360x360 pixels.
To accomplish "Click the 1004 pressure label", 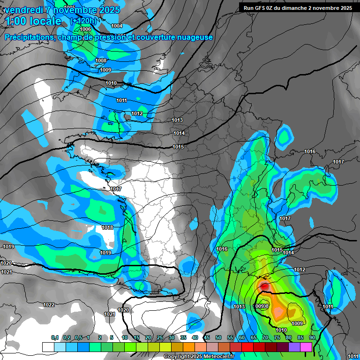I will pos(117,26).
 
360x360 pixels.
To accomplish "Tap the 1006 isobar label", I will pos(85,29).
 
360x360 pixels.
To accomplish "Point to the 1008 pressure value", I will pos(101,60).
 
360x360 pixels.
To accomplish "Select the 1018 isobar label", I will pos(107,227).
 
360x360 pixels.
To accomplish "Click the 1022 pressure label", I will pos(49,305).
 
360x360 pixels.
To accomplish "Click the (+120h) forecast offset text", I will pos(83,21).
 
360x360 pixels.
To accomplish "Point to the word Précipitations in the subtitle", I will pos(30,37).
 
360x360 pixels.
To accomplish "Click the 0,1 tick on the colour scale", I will pos(54,337).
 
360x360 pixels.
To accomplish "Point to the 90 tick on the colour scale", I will pos(312,337).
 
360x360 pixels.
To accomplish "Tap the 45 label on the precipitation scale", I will pos(207,337).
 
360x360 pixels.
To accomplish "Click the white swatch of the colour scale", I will pos(48,347).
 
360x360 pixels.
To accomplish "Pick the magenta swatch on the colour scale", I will pos(306,347).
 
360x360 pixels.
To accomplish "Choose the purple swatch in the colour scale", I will pos(294,347).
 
